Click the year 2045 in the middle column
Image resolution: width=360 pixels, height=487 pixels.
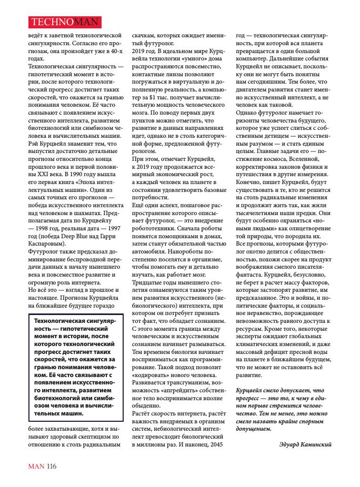pos(214,444)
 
